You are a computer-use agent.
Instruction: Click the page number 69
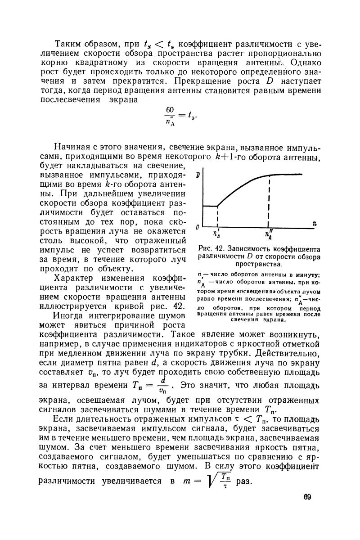[307, 497]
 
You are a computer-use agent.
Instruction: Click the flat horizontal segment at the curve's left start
[210, 206]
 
